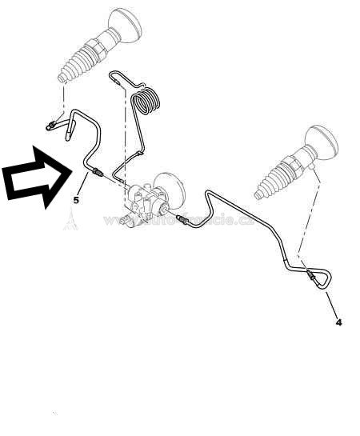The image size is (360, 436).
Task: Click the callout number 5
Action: (77, 200)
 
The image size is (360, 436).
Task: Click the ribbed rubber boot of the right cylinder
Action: (277, 180)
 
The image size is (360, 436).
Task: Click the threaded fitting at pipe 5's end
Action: (98, 175)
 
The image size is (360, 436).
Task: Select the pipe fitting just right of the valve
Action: (181, 219)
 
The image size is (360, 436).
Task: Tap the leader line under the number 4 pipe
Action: (330, 305)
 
